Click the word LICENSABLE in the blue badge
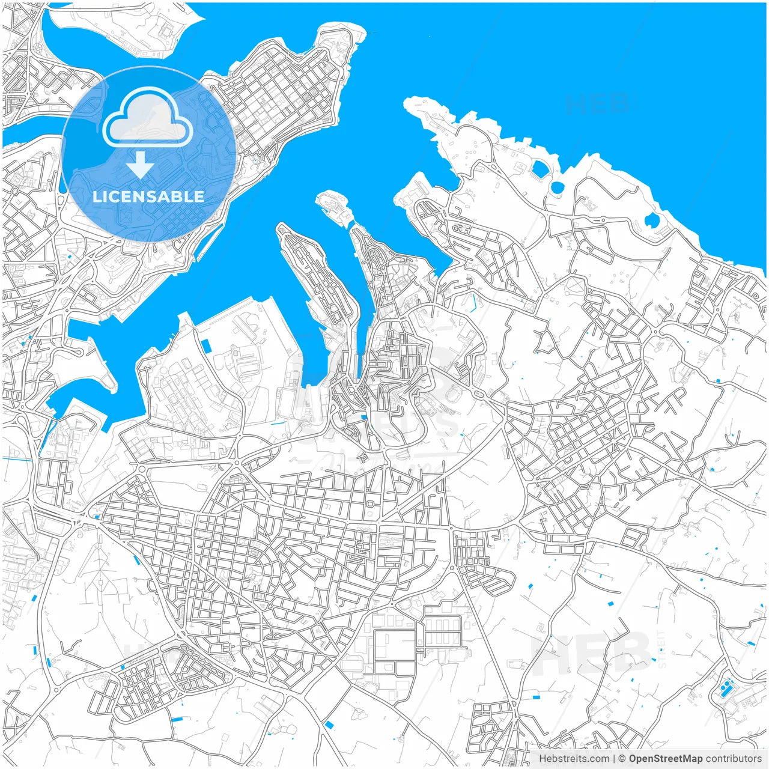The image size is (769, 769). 148,196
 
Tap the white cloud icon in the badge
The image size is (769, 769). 148,119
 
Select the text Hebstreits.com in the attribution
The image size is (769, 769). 574,759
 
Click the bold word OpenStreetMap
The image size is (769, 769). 666,759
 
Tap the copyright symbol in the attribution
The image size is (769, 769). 622,759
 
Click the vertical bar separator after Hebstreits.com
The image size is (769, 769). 614,759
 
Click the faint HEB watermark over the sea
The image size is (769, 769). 597,105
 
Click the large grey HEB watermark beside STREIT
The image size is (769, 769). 592,655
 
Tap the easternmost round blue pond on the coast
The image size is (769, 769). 651,221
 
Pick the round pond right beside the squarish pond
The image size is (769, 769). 557,187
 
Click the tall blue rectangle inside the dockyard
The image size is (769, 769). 206,346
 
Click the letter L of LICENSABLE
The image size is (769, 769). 96,196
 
